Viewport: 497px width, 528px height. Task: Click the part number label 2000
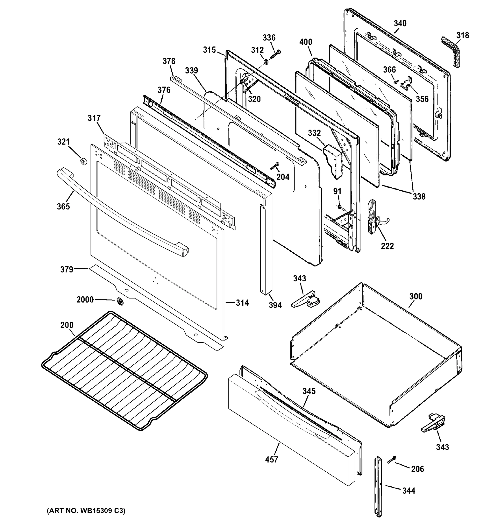pos(85,300)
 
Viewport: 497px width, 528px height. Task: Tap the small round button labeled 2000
pos(120,301)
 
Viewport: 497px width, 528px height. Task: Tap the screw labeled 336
pos(275,54)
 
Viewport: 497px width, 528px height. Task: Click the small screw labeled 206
pos(391,460)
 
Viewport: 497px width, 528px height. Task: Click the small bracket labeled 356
pos(406,82)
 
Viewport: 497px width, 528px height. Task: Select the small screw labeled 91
pos(339,206)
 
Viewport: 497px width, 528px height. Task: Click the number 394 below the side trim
pos(275,305)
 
